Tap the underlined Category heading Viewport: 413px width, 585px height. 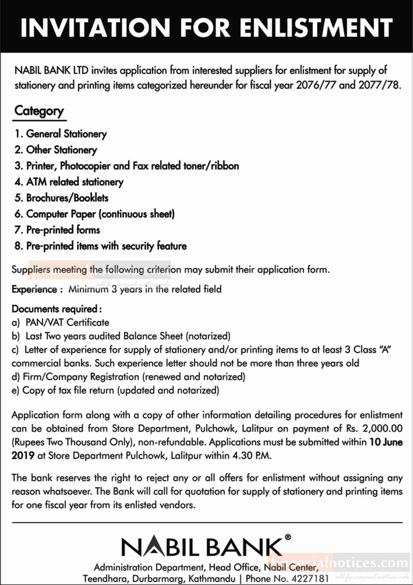pos(39,111)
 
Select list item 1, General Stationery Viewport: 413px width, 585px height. pos(61,134)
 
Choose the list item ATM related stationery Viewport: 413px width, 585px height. pos(69,182)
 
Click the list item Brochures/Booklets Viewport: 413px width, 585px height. pos(61,198)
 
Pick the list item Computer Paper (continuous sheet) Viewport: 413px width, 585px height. pos(95,214)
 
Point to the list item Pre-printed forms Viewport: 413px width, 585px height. pos(57,230)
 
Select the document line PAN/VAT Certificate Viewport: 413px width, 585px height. pos(67,323)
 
